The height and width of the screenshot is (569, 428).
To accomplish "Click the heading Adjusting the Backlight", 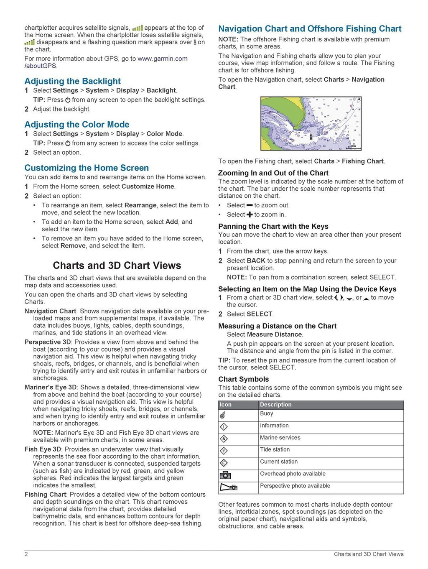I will pos(72,81).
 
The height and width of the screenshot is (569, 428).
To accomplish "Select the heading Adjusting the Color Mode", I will pos(76,125).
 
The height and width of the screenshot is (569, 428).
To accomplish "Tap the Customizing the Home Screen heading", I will pos(87,168).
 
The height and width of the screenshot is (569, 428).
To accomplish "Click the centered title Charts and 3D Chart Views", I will pos(117,265).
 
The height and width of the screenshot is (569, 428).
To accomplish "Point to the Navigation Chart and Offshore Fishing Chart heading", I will pos(310,29).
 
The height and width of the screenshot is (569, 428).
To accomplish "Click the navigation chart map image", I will pos(311,124).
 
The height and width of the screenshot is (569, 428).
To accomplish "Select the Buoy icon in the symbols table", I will pos(223,415).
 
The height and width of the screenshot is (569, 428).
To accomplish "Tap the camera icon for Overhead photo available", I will pos(225,475).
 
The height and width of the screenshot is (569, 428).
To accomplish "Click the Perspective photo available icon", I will pos(228,487).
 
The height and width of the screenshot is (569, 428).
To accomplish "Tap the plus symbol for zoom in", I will pos(250,214).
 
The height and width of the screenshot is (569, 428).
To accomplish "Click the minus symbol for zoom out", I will pos(250,205).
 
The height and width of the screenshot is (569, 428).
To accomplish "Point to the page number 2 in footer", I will pos(26,554).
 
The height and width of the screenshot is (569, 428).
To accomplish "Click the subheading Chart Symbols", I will pos(243,379).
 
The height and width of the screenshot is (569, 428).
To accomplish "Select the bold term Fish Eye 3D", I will pos(43,449).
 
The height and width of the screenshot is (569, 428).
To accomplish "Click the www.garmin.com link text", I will pos(162,59).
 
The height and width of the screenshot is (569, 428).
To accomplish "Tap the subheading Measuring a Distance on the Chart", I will pos(277,326).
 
